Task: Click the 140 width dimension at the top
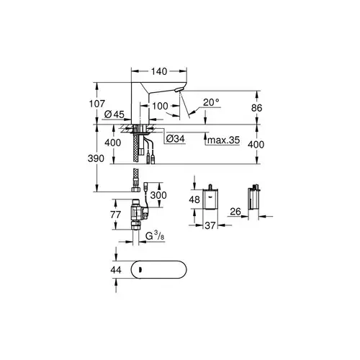pos(159,71)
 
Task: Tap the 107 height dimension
pos(97,104)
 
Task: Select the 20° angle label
pos(211,102)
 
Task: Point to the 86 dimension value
pos(256,108)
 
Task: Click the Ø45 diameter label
pos(114,114)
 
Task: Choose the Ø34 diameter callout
pos(176,138)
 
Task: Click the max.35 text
pos(223,140)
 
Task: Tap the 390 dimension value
pos(96,158)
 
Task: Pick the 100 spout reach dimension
pos(160,106)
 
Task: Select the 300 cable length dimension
pos(158,195)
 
